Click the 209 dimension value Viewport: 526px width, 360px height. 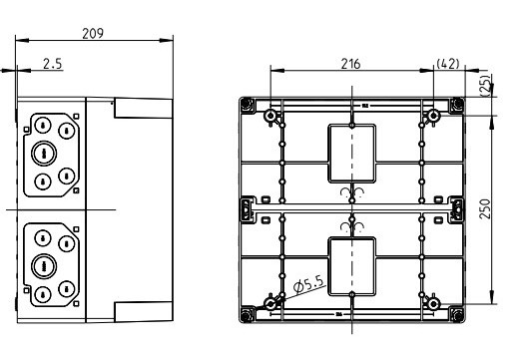click(x=93, y=33)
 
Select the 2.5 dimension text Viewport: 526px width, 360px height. click(x=53, y=64)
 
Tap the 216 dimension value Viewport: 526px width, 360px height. click(x=351, y=64)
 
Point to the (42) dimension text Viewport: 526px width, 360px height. click(x=448, y=64)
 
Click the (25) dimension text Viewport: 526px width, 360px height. click(x=486, y=86)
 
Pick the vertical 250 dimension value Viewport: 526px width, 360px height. click(x=485, y=208)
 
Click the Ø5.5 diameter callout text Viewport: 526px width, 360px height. click(x=309, y=285)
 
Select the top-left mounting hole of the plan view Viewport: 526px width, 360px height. click(x=269, y=116)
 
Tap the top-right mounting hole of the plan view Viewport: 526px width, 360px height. click(x=434, y=116)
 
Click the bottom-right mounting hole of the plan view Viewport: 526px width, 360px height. click(x=434, y=304)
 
